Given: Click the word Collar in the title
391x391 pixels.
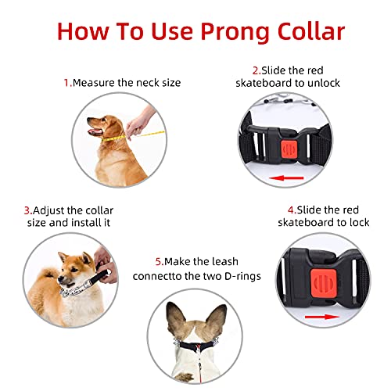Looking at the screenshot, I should tap(305, 30).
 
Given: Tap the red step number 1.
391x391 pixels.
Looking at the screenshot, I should tap(66, 82).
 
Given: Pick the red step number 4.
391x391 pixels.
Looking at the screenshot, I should tap(291, 210).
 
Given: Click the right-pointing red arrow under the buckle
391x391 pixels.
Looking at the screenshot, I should tap(317, 317).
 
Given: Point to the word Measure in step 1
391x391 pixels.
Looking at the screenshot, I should tap(93, 82).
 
